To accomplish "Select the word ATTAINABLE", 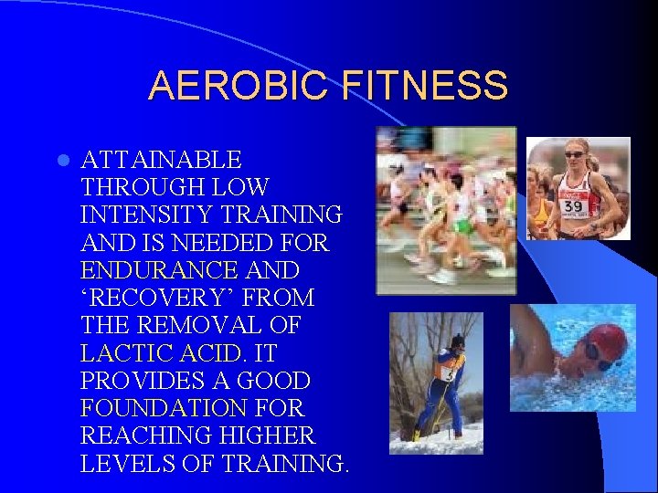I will tap(161, 161).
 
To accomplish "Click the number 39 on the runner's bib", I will tap(573, 207).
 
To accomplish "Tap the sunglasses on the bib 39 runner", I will tap(576, 154).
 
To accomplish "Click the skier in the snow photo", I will tap(440, 383).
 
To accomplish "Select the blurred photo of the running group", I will tap(446, 210).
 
